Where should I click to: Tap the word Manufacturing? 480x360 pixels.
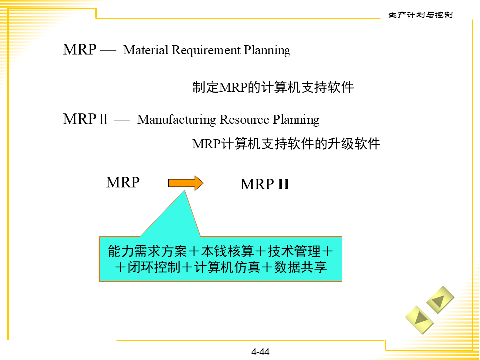pos(177,120)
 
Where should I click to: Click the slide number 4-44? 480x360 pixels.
pos(260,352)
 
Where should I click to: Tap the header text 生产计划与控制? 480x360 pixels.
pos(420,15)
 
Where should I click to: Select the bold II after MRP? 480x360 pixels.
pos(283,185)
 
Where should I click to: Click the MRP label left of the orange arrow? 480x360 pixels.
pos(123,182)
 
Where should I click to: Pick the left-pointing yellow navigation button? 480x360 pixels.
pos(440,300)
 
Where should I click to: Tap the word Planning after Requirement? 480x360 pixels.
pos(267,50)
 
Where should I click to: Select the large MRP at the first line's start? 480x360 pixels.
pos(80,50)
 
